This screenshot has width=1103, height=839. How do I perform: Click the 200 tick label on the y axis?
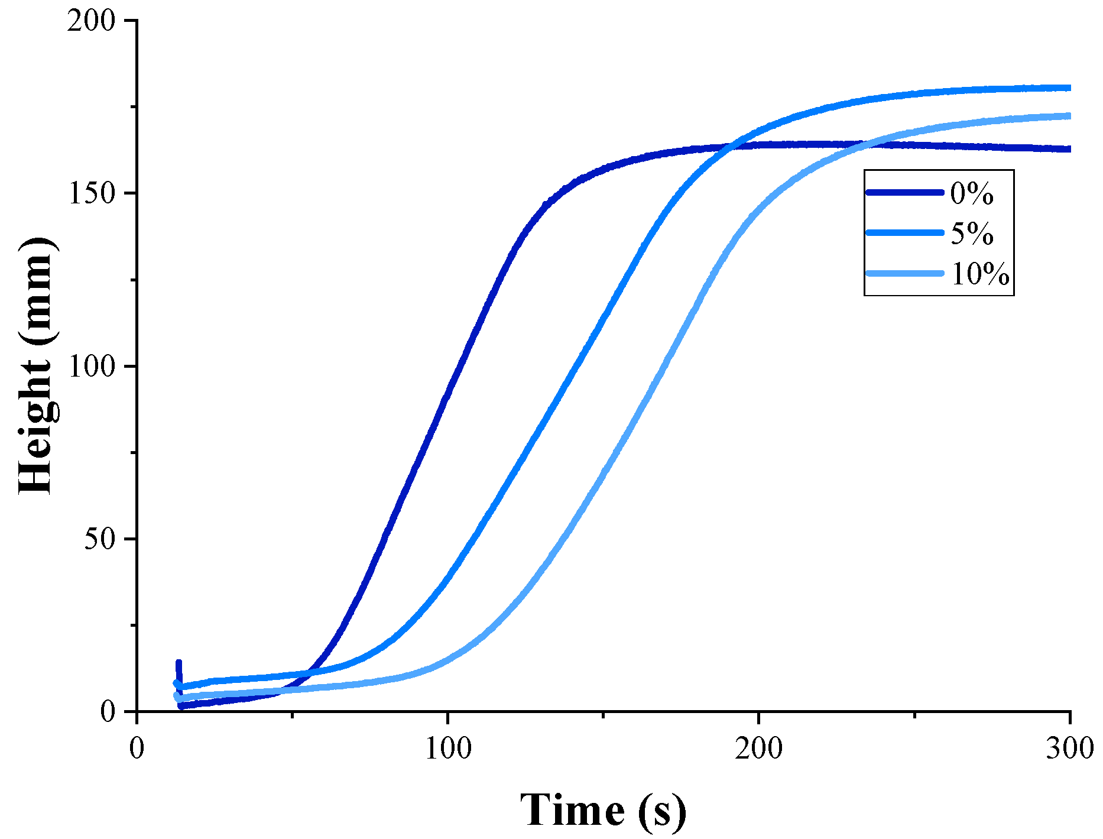click(x=91, y=22)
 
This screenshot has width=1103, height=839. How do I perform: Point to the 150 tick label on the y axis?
click(x=91, y=194)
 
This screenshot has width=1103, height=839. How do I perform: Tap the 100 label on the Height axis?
click(x=91, y=367)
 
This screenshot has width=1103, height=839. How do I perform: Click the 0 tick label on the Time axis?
click(x=137, y=749)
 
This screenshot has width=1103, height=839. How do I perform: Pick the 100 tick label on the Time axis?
click(x=447, y=749)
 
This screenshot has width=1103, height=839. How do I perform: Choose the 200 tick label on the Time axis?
click(x=758, y=749)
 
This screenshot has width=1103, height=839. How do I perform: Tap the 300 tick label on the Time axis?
click(x=1069, y=749)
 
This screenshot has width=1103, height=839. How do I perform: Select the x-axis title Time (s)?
click(x=603, y=810)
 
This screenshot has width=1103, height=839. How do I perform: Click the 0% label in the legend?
click(x=972, y=193)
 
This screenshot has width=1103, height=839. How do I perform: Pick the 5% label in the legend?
click(x=972, y=234)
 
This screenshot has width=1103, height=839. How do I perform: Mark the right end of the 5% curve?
click(x=1069, y=88)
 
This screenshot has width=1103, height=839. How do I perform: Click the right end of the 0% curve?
click(x=1069, y=149)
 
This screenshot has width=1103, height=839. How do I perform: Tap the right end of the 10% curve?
click(x=1069, y=116)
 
